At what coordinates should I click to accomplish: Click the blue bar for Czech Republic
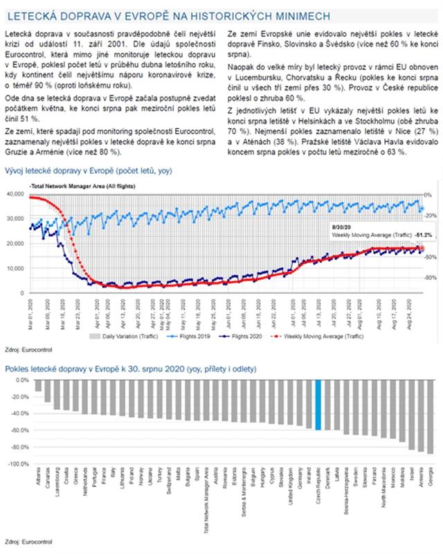[x=318, y=405]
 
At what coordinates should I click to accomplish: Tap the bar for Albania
[x=39, y=386]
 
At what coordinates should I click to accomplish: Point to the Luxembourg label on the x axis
[x=57, y=479]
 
